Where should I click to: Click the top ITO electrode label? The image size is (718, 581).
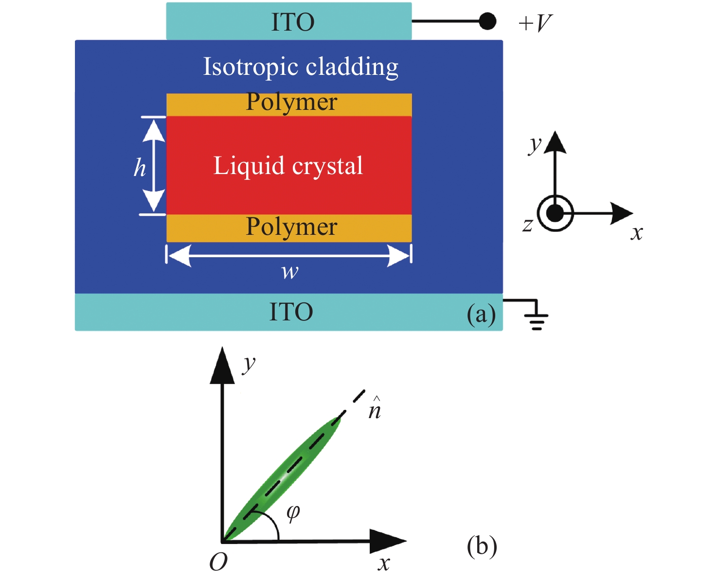293,22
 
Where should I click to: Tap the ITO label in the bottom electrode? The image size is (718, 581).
291,312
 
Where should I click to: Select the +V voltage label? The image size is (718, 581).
536,23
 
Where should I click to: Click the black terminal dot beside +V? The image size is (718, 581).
487,21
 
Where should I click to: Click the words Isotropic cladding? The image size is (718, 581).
301,67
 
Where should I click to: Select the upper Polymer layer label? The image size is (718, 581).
291,103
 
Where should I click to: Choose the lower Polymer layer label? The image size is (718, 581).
291,227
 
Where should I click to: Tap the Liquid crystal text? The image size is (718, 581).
288,166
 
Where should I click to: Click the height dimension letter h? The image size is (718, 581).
140,168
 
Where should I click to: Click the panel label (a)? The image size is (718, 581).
481,314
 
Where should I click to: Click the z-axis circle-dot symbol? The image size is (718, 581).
555,213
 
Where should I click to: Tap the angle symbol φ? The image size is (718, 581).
293,512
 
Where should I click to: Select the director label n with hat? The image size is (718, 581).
375,409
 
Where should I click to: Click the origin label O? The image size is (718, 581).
218,563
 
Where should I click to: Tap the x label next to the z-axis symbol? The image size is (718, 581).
637,233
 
